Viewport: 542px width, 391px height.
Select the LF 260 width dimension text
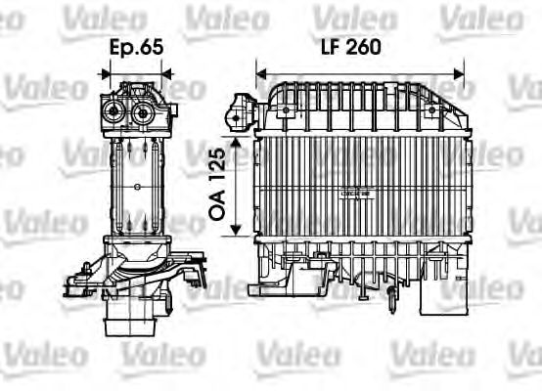tap(348, 46)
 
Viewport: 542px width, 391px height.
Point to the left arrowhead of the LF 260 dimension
tap(260, 70)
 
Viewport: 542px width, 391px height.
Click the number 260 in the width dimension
tap(362, 46)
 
